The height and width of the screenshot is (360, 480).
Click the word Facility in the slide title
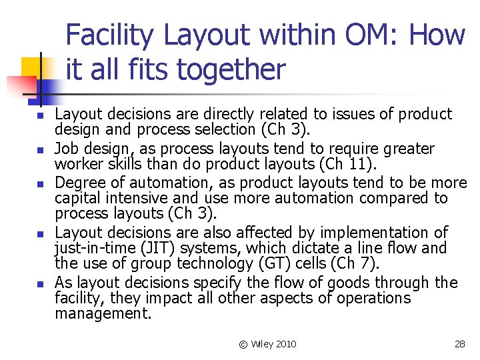[x=110, y=34]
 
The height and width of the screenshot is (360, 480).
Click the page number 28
[x=459, y=344]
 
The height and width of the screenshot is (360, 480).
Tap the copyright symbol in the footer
[x=243, y=344]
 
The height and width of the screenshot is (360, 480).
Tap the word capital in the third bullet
[x=77, y=198]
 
